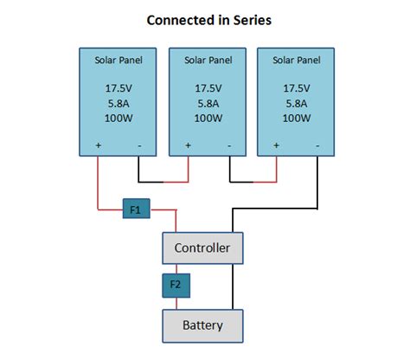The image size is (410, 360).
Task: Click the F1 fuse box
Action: pyautogui.click(x=136, y=209)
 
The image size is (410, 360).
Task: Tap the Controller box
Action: pyautogui.click(x=202, y=248)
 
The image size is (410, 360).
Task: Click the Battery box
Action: pyautogui.click(x=202, y=325)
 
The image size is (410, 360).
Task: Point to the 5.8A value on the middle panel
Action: pyautogui.click(x=208, y=101)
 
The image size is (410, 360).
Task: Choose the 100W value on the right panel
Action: pyautogui.click(x=298, y=116)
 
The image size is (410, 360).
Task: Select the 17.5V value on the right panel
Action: pyautogui.click(x=298, y=87)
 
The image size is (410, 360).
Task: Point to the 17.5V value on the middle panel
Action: pyautogui.click(x=208, y=87)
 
